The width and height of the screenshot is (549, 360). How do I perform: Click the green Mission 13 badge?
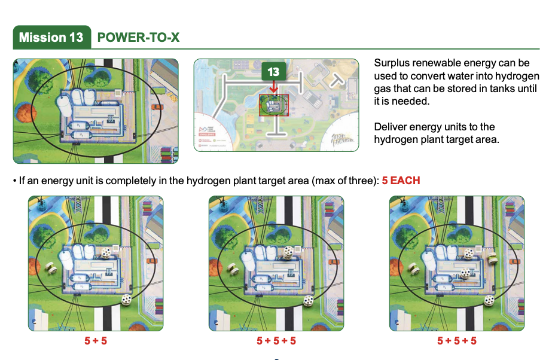coord(52,37)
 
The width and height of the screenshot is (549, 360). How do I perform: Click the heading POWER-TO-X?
coord(138,37)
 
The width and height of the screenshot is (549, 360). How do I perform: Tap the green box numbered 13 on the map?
coord(273,72)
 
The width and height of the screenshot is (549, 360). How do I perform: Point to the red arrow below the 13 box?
coord(273,87)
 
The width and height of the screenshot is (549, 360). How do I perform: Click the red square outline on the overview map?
coord(274,105)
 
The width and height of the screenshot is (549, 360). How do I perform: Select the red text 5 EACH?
coord(401,181)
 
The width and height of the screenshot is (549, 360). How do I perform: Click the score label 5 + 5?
coord(96,340)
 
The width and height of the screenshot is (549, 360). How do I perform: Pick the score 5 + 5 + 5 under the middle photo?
coord(276,340)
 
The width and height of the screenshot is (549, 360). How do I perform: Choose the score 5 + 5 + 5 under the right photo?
coord(457,340)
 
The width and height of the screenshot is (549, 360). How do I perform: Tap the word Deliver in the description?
coord(389,126)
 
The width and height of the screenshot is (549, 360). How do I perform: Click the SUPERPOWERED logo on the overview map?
coord(342,139)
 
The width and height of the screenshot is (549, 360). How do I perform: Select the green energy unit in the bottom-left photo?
coord(51,268)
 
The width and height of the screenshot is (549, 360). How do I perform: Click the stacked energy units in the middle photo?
coord(288,253)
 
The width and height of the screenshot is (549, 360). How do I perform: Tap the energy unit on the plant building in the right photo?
coord(465,273)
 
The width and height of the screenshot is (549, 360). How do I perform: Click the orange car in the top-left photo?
coord(157,106)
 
